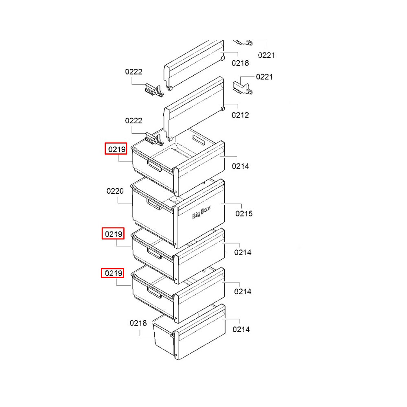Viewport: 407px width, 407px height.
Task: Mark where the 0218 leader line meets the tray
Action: click(154, 336)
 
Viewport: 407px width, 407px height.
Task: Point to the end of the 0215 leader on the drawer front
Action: click(221, 204)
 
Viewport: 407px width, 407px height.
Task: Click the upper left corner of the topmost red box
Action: click(105, 143)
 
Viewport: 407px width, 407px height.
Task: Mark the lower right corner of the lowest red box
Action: click(124, 278)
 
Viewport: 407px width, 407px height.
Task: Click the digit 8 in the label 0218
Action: click(144, 323)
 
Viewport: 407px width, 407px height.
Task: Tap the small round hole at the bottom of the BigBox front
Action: click(176, 244)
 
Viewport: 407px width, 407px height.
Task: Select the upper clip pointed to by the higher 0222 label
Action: click(154, 90)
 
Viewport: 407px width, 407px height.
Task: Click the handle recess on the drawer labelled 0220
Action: click(154, 205)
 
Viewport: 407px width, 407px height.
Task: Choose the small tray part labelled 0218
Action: click(164, 335)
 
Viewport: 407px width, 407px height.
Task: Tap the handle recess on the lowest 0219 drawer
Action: click(154, 293)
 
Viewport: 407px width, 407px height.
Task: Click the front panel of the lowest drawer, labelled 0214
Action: click(200, 332)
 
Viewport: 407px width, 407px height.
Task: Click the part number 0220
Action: click(115, 191)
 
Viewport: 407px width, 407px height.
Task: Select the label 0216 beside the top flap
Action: click(240, 63)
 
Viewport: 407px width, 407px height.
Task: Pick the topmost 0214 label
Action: click(241, 166)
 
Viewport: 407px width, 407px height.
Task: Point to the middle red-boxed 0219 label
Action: click(113, 234)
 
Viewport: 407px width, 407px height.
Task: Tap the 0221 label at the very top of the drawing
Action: click(266, 55)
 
